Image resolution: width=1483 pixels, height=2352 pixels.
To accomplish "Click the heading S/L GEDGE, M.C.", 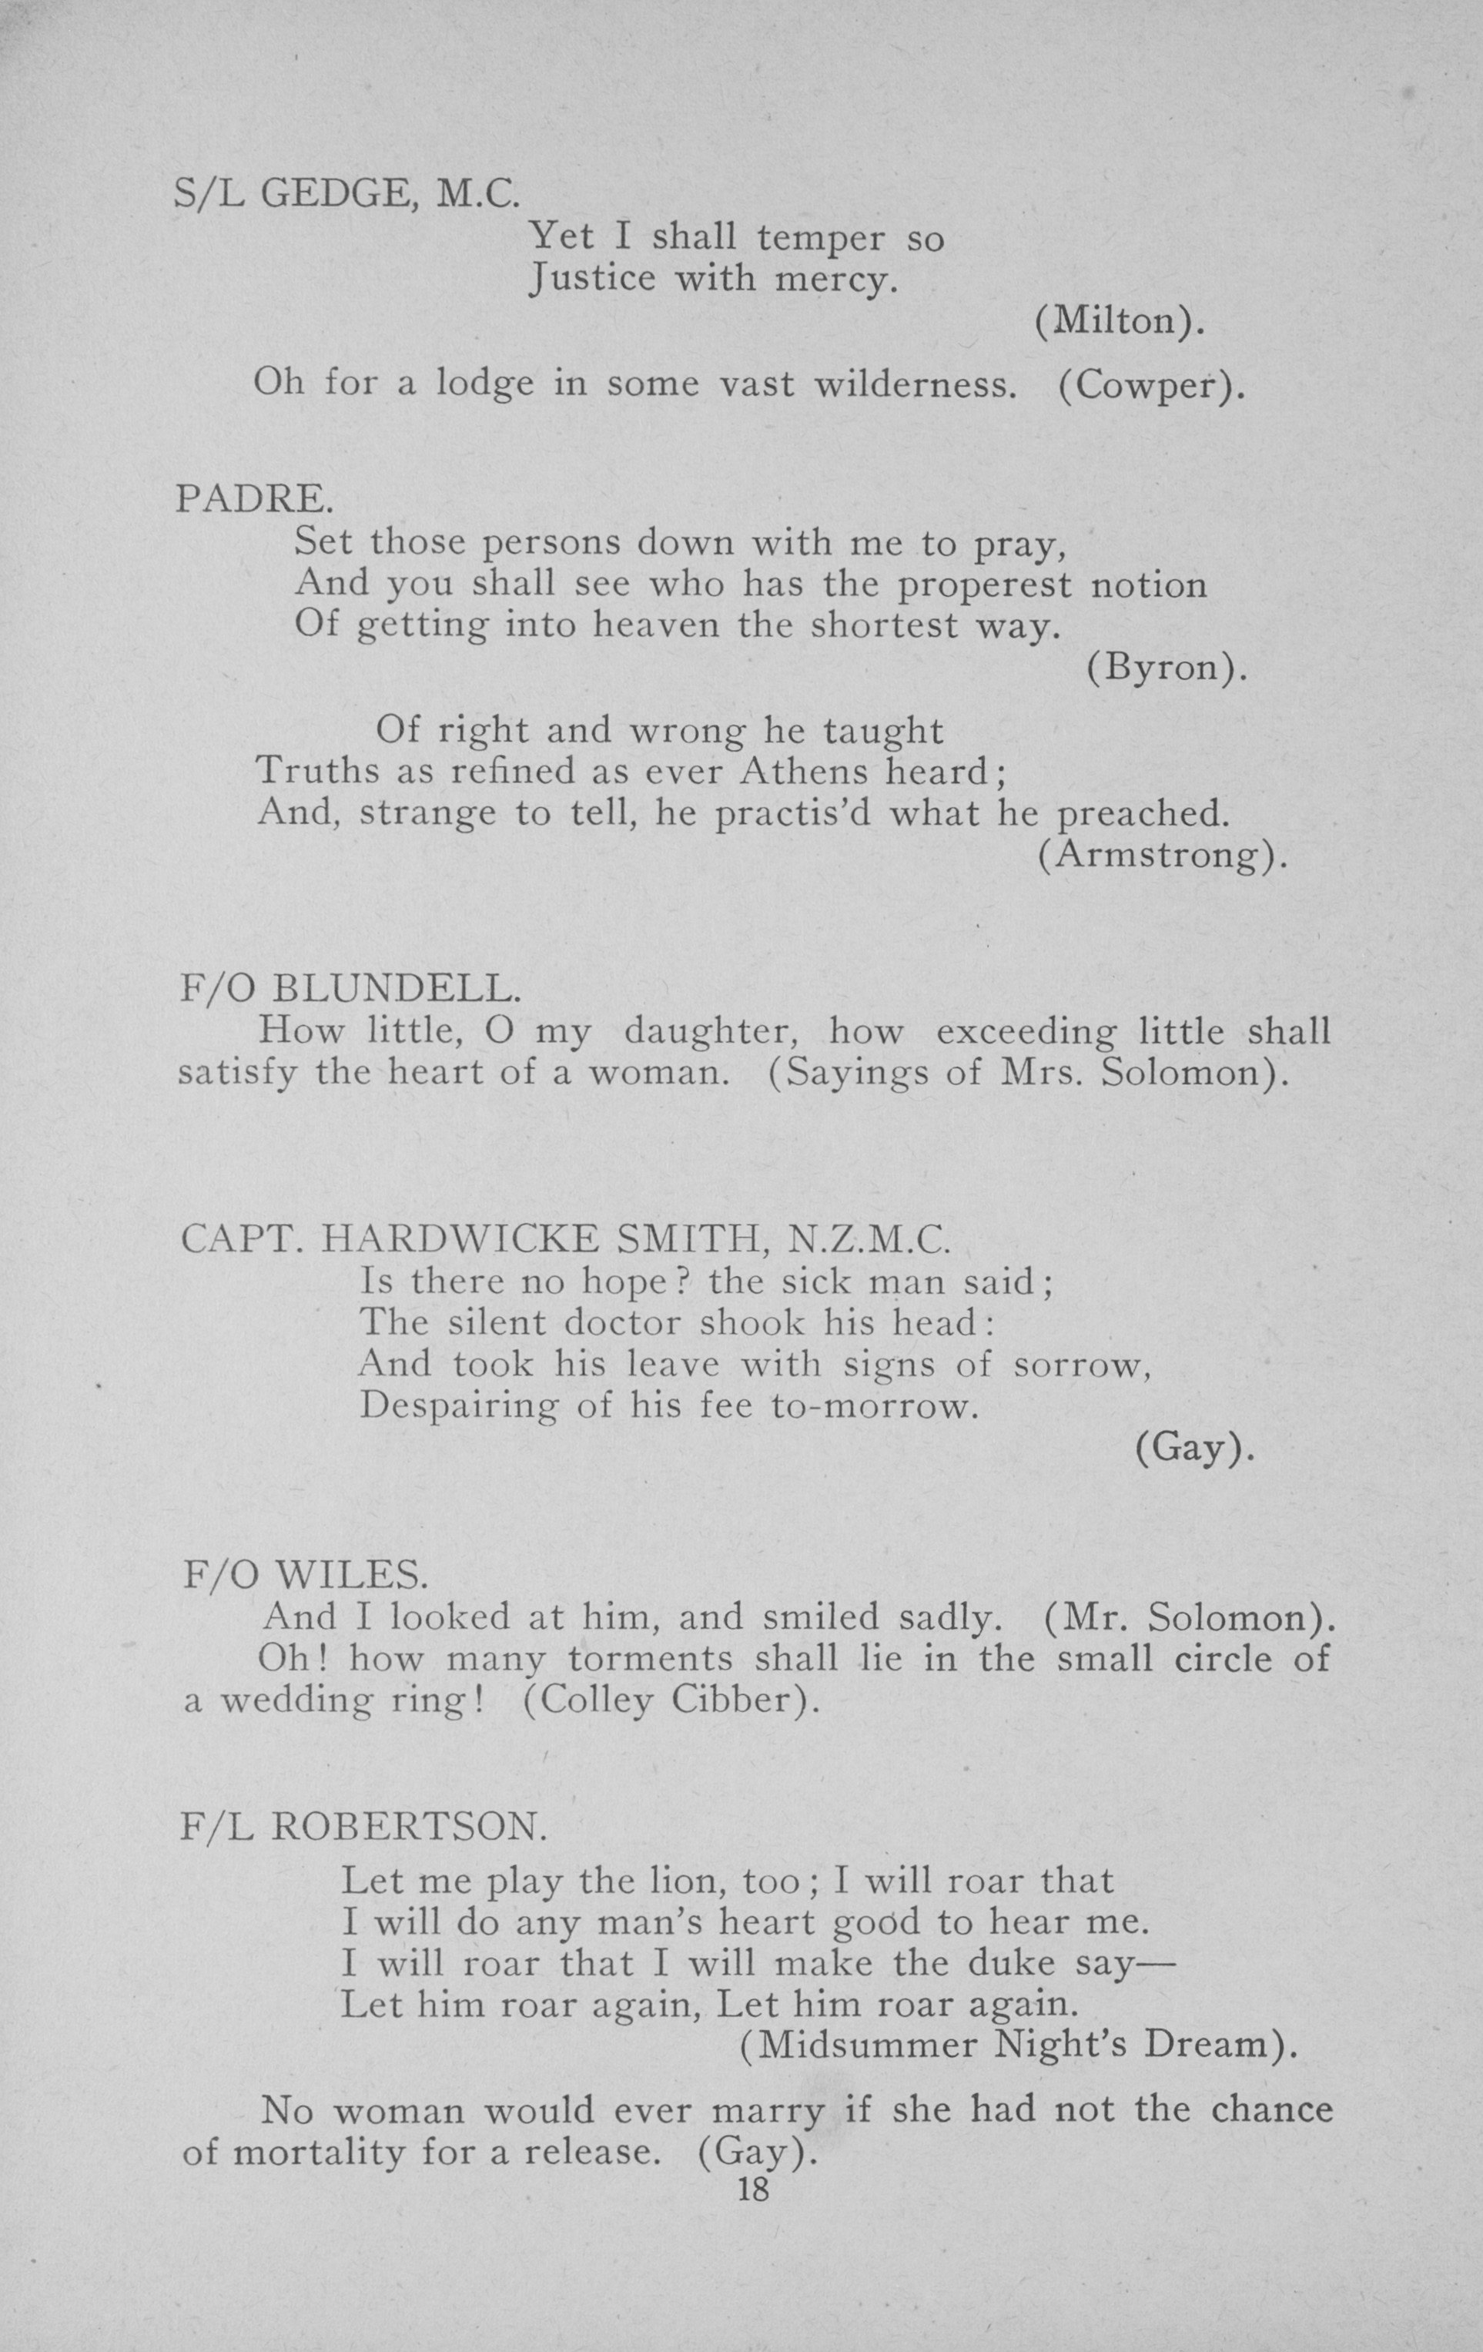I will click(346, 196).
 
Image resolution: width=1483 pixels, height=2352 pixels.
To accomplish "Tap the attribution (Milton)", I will click(1119, 321).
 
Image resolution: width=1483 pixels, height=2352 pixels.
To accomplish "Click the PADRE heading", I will click(255, 499).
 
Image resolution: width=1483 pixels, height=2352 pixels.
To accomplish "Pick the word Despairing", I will click(449, 1406).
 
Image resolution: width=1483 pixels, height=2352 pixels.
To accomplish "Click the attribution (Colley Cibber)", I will click(671, 1701).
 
